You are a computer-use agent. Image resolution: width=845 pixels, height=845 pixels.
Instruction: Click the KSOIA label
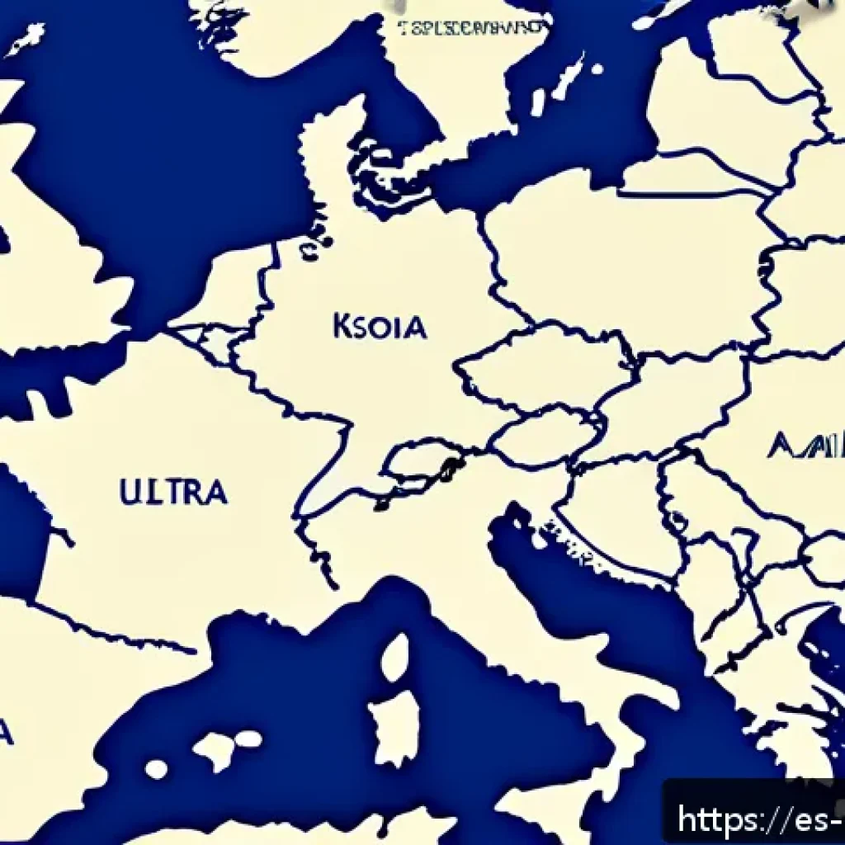coord(380,327)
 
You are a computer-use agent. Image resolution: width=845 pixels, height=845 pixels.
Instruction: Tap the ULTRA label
coord(173,492)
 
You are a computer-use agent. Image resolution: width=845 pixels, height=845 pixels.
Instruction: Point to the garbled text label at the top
coord(471,28)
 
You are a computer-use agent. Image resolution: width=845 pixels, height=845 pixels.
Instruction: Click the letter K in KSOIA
coord(342,327)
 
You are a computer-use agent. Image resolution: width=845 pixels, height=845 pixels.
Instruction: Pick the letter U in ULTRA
coord(129,492)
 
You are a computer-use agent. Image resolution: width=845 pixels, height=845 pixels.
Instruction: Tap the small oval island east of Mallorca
coord(250,739)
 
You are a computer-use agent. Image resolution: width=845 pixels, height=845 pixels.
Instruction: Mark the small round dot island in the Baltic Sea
coord(537,103)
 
